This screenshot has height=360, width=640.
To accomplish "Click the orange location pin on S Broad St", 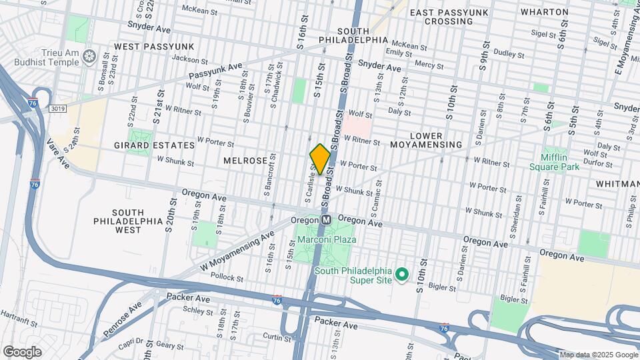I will tap(320, 159).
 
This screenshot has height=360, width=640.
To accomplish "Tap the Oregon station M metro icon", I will tap(327, 219).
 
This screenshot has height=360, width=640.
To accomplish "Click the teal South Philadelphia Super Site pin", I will tap(402, 274).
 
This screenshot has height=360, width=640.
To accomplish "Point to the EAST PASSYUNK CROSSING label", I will tap(449, 17).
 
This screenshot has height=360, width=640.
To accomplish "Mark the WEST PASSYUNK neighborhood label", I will tap(153, 46).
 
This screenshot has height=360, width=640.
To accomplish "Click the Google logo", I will tap(22, 351).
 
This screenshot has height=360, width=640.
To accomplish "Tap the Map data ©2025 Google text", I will tap(598, 355).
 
